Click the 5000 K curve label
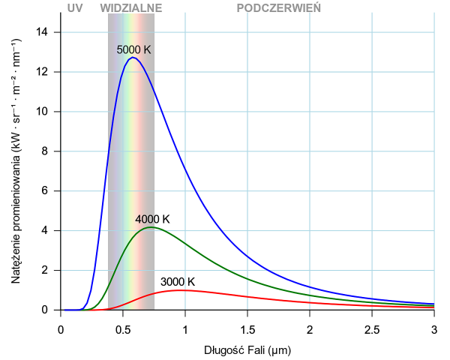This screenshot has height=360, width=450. (133, 49)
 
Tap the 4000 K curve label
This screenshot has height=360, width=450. (152, 219)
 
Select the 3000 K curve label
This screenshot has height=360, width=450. (178, 282)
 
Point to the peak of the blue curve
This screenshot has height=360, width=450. (133, 58)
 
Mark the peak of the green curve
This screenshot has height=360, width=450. (151, 226)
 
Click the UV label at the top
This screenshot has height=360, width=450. (74, 7)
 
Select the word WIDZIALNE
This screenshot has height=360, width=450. (130, 7)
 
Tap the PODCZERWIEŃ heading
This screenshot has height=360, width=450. (278, 7)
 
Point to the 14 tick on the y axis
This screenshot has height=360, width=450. (44, 32)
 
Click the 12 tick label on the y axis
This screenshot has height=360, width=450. (44, 72)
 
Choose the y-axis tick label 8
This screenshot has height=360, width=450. (47, 151)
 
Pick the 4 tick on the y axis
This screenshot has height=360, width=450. (47, 230)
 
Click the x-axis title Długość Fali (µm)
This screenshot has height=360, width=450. (247, 350)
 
